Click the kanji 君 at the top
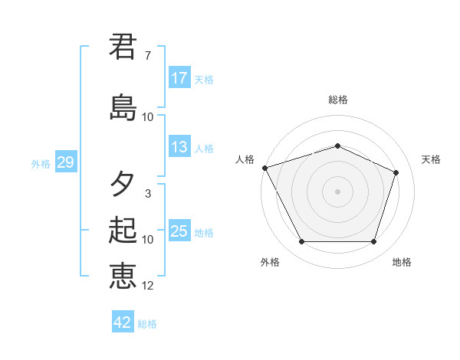[123, 46]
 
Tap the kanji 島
[123, 107]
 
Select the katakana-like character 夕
[123, 184]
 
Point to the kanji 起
[123, 231]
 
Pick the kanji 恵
[123, 276]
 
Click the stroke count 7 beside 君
[147, 56]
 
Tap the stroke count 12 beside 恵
[148, 286]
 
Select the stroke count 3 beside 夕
[147, 194]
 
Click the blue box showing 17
[179, 78]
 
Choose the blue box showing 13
[179, 147]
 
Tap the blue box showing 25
[179, 231]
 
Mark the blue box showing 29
[65, 162]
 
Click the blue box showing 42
[123, 322]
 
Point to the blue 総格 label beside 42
[148, 324]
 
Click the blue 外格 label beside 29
[41, 163]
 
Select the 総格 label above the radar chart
[338, 100]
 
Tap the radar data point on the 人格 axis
[264, 168]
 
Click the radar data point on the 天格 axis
[396, 172]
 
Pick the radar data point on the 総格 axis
[338, 146]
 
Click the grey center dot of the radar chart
[338, 191]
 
